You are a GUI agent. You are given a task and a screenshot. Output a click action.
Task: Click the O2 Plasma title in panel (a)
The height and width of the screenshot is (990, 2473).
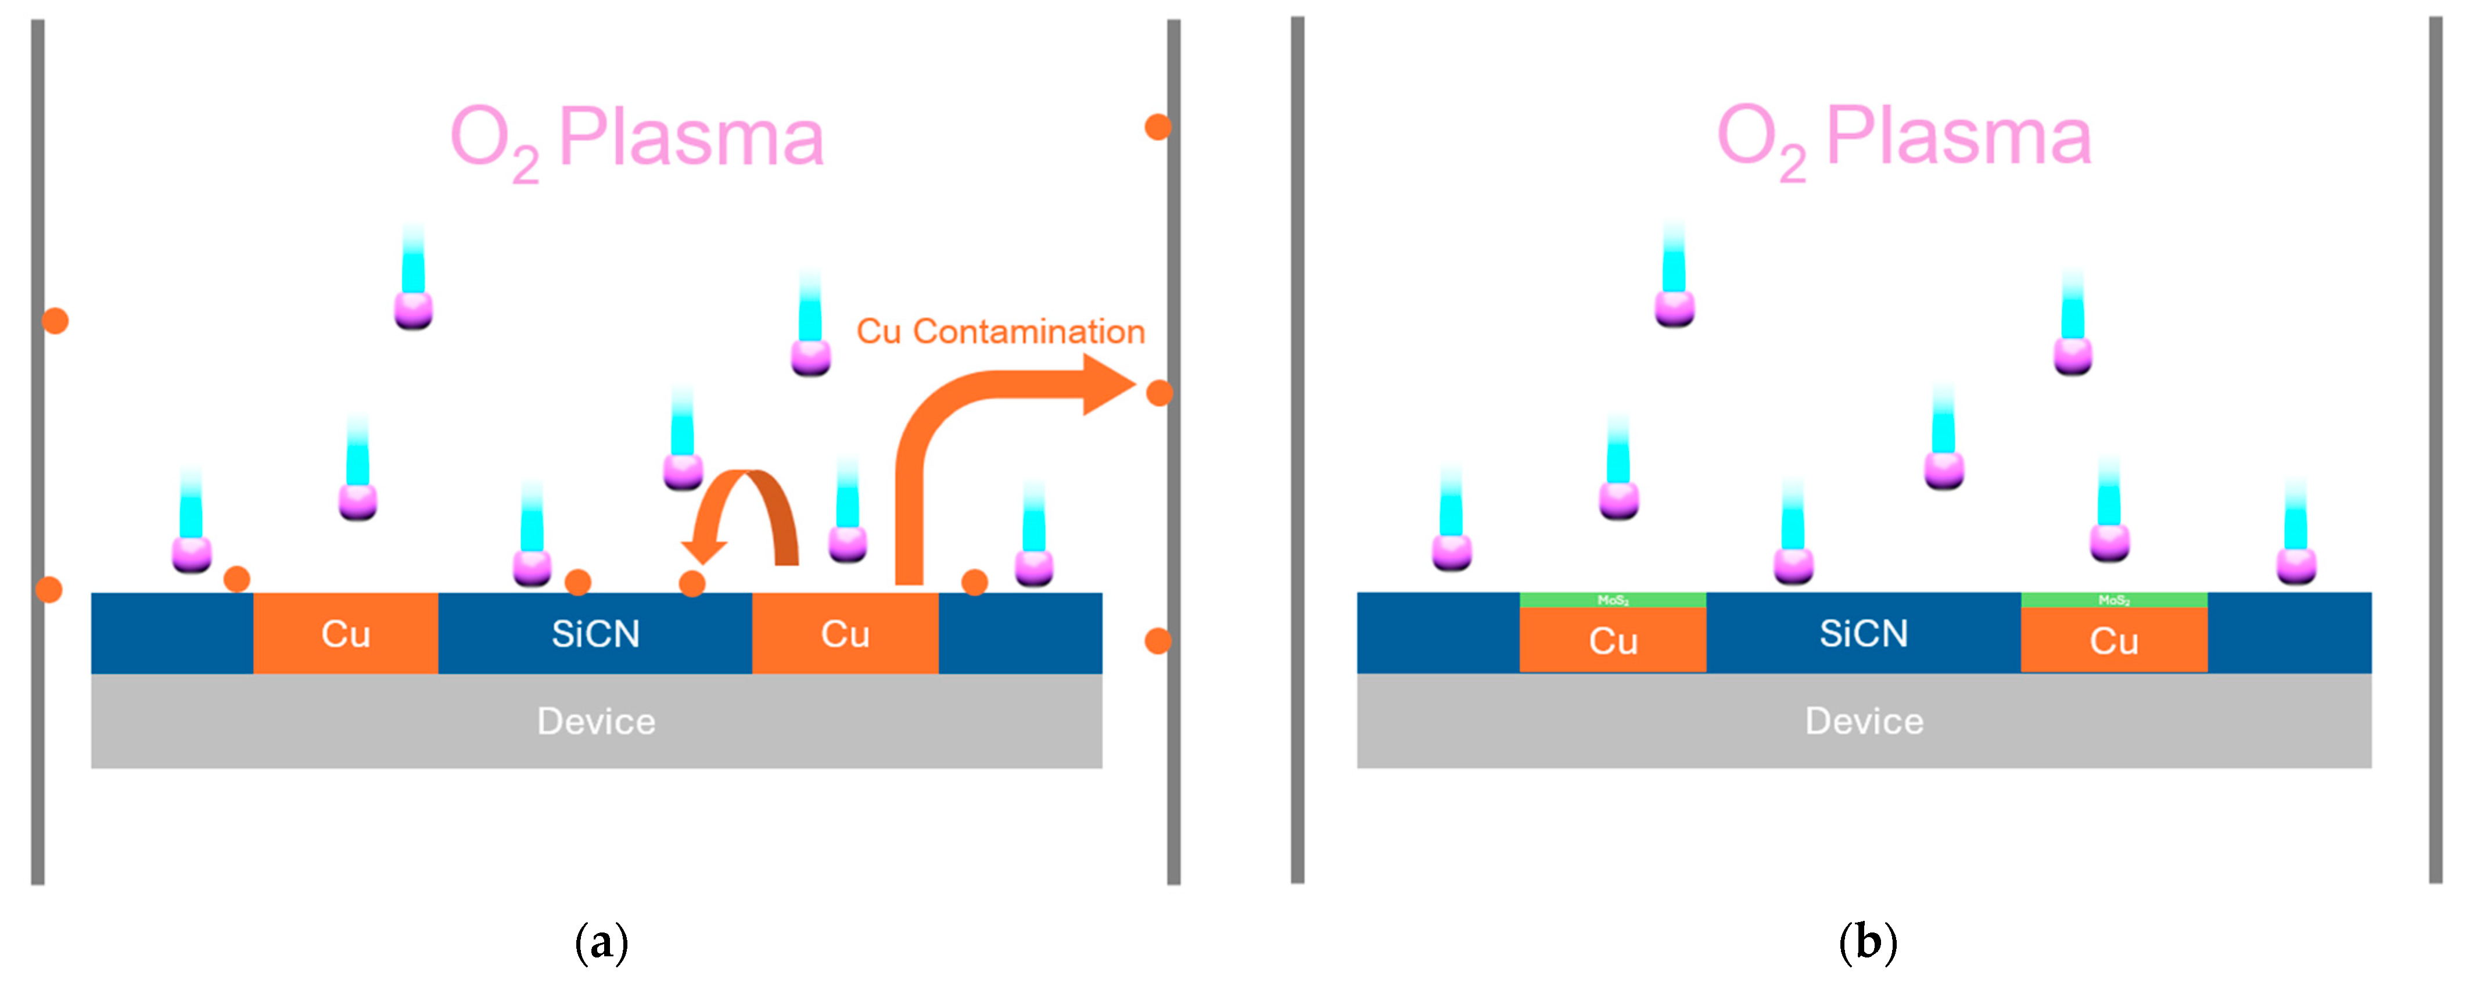pos(637,139)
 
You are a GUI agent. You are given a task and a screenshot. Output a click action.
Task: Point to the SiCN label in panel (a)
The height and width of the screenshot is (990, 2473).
pos(595,634)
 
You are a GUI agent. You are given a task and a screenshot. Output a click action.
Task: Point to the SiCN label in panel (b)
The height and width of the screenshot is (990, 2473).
pos(1864,634)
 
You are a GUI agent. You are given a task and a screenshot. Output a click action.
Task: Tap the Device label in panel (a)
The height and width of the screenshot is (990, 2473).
pos(595,721)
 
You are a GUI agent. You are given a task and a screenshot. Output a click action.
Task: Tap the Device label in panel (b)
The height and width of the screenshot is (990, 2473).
pos(1864,721)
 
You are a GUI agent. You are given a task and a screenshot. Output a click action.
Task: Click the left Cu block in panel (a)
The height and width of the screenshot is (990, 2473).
pos(346,634)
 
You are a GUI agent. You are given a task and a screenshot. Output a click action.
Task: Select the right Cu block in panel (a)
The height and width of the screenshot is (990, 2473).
pos(845,634)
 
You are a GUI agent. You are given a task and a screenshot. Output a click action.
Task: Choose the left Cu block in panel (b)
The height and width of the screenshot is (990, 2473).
pos(1613,640)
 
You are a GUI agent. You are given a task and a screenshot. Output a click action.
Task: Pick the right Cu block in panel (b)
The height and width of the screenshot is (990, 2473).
pos(2114,640)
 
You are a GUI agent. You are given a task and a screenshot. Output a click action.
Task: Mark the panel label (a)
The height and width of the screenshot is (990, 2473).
pos(601,943)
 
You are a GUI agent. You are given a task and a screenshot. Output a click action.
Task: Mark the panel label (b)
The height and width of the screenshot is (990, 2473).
pos(1867,943)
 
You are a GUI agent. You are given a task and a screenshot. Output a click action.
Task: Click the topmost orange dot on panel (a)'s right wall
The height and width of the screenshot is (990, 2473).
pos(1158,127)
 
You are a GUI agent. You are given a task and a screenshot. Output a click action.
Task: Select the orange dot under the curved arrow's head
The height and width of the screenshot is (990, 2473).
pos(692,583)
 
